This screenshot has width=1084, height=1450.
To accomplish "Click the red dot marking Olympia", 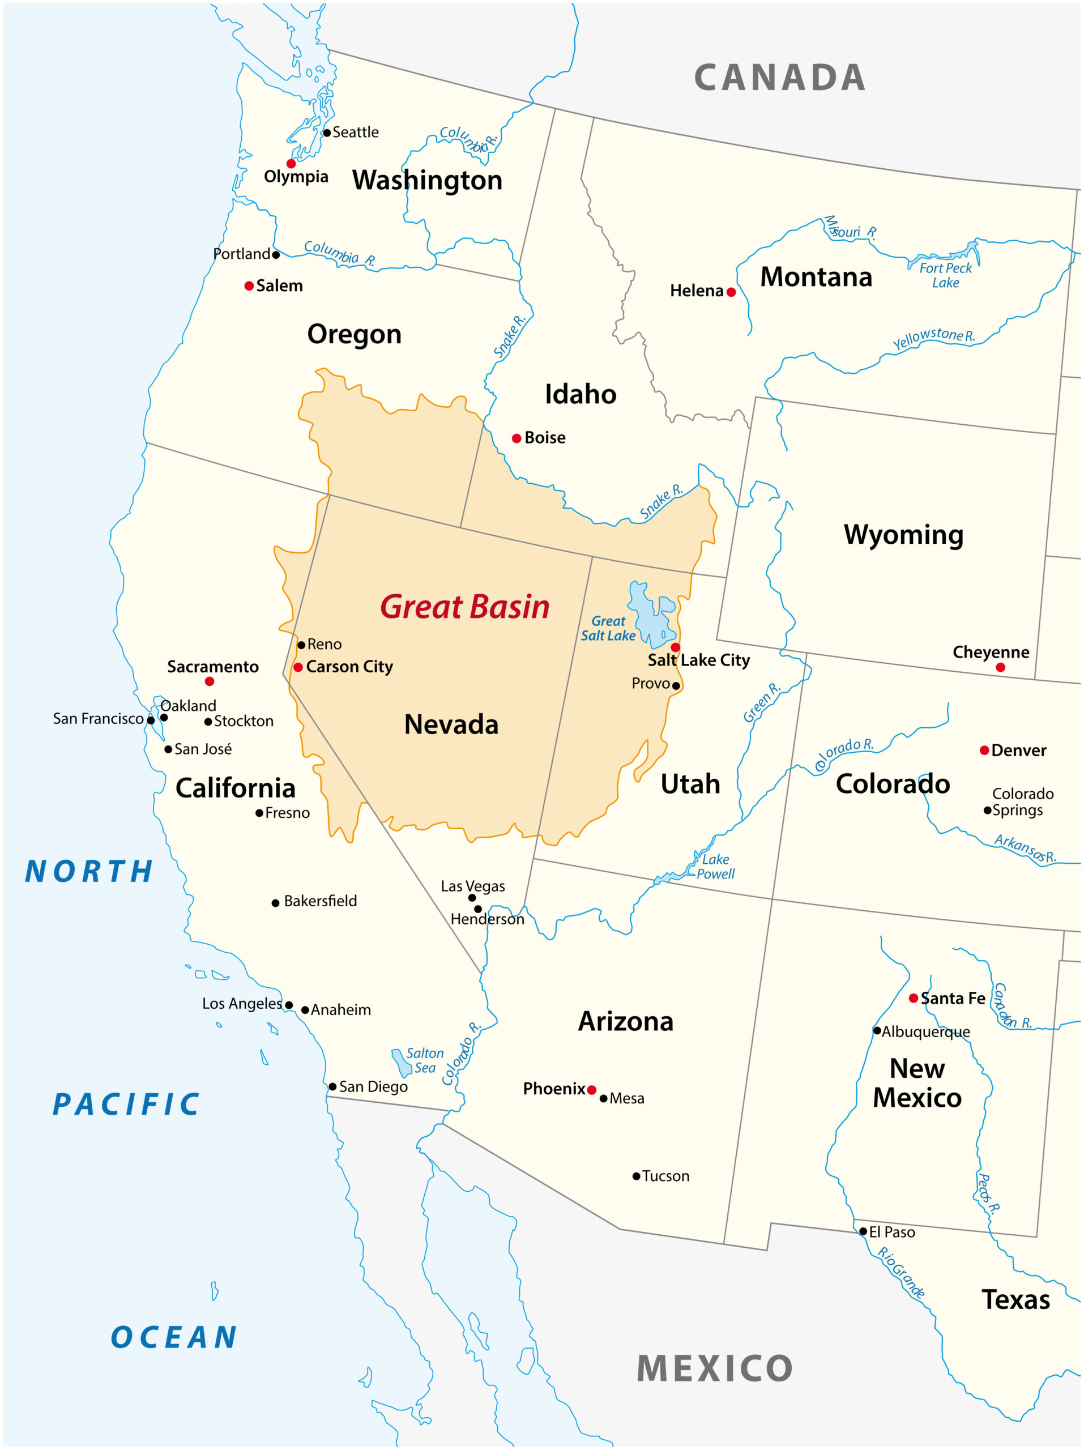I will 291,163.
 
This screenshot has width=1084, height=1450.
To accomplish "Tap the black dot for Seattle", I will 326,133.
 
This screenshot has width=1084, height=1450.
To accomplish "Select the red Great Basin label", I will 464,607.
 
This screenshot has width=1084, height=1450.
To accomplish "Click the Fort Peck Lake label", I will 945,275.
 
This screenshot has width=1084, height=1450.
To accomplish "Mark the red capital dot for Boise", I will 517,438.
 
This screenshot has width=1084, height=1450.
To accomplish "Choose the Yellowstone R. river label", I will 933,338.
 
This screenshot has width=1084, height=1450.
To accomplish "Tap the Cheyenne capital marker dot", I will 1000,667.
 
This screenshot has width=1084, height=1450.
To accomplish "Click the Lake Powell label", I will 715,866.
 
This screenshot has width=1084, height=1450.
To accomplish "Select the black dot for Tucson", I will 635,1176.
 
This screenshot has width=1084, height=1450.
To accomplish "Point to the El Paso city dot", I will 863,1232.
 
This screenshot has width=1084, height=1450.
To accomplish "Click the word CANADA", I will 780,78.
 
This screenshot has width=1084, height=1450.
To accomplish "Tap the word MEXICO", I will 714,1368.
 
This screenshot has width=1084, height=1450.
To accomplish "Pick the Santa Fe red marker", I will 913,999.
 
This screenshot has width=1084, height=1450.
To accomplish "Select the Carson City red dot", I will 298,667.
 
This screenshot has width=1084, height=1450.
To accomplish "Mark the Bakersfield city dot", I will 275,903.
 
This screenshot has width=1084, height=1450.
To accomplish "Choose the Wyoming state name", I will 903,534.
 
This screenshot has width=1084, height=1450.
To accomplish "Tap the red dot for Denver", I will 984,750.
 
